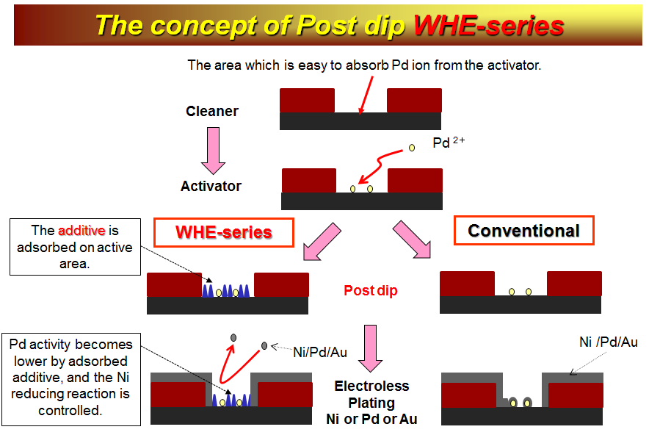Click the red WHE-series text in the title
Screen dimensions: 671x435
pos(489,25)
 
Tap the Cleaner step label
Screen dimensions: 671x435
pos(212,111)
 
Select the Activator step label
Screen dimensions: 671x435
pos(211,186)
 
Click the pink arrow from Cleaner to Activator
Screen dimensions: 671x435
pos(213,151)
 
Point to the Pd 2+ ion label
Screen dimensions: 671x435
pos(449,142)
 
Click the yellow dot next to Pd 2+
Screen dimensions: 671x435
pos(412,148)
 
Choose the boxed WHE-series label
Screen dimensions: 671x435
pos(224,232)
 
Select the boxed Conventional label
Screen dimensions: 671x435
pos(523,231)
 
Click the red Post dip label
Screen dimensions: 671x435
pos(371,290)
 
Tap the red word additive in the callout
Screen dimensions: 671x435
pos(81,230)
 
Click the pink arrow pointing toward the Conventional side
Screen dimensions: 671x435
pos(412,240)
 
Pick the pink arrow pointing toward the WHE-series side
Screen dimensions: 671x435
pos(322,242)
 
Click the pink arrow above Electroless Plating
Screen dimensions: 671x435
pos(370,348)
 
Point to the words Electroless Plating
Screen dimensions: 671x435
pos(371,395)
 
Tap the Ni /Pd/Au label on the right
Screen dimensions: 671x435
pos(608,342)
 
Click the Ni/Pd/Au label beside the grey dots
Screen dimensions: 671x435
pos(319,352)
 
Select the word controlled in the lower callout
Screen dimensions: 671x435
pos(70,410)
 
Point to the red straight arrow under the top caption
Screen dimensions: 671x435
pos(366,96)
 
